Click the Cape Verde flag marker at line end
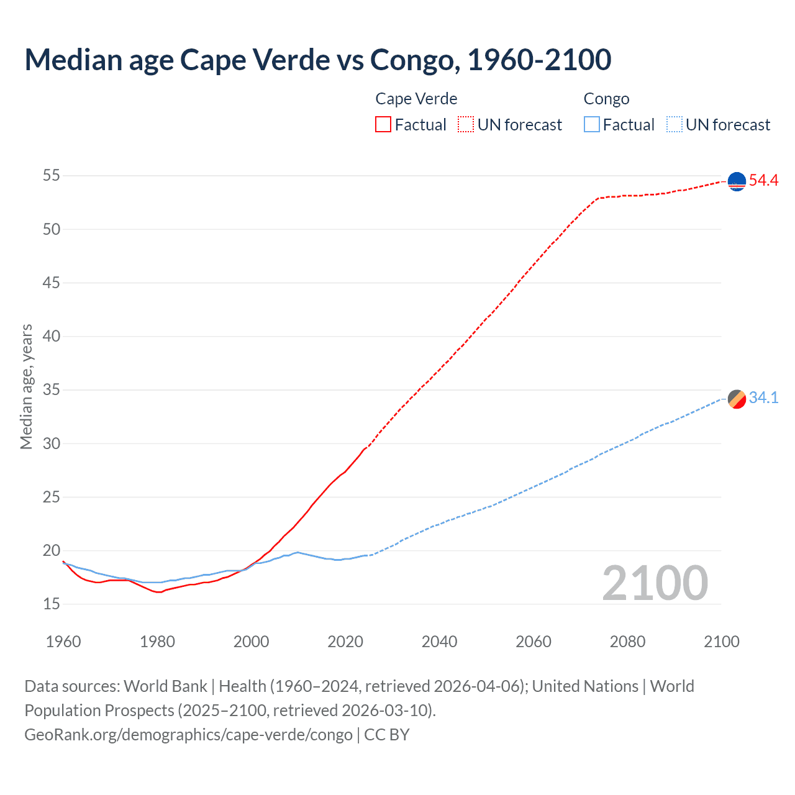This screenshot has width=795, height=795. pyautogui.click(x=737, y=181)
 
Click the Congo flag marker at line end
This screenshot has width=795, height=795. pyautogui.click(x=737, y=399)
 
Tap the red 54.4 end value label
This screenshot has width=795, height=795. pyautogui.click(x=763, y=181)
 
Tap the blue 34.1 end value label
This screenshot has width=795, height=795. pyautogui.click(x=763, y=398)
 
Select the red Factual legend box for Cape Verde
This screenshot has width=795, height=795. pyautogui.click(x=383, y=124)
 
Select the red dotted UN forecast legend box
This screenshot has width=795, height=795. pyautogui.click(x=466, y=124)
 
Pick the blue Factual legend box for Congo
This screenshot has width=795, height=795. pyautogui.click(x=592, y=124)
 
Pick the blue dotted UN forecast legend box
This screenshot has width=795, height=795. pyautogui.click(x=675, y=124)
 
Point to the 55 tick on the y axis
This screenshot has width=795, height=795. pyautogui.click(x=52, y=176)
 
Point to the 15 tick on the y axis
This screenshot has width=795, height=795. pyautogui.click(x=52, y=604)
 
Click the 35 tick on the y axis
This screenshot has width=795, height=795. pyautogui.click(x=52, y=390)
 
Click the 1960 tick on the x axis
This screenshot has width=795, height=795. pyautogui.click(x=63, y=642)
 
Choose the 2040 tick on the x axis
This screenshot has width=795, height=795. pyautogui.click(x=439, y=642)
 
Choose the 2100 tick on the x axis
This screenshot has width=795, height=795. pyautogui.click(x=722, y=642)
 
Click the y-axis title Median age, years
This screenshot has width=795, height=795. pyautogui.click(x=26, y=386)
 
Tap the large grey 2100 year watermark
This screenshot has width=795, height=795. pyautogui.click(x=655, y=583)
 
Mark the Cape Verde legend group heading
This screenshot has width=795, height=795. pyautogui.click(x=416, y=99)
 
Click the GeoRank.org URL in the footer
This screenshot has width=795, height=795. pyautogui.click(x=188, y=734)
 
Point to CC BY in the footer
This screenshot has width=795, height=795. pyautogui.click(x=387, y=734)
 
